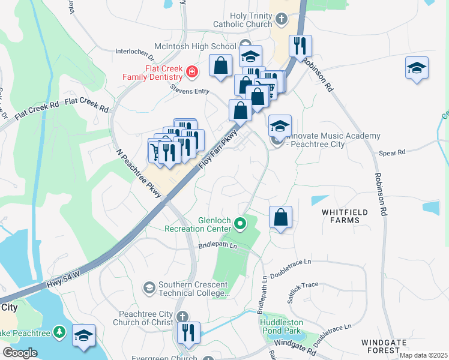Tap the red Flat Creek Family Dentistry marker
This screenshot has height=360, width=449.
point(191,73)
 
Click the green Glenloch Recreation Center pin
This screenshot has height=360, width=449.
point(240,224)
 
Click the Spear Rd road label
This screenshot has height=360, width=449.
point(392,153)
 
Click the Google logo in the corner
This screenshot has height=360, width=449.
point(19,352)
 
